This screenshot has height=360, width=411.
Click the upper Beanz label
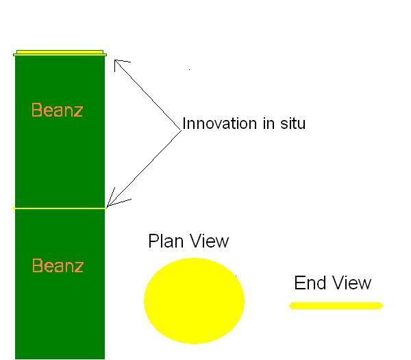tap(58, 110)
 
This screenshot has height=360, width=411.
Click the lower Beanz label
tap(58, 265)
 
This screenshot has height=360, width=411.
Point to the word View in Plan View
tap(208, 241)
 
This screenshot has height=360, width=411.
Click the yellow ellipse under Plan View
tap(194, 300)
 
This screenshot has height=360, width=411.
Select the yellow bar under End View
tap(336, 305)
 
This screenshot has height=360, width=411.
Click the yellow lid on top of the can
tap(60, 52)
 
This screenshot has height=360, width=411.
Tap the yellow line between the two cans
tap(60, 207)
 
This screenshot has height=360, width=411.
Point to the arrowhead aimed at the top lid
tap(118, 63)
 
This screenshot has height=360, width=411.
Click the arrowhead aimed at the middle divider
tap(111, 203)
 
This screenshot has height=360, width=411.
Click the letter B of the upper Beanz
tap(36, 110)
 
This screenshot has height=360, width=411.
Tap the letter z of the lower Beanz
tap(79, 266)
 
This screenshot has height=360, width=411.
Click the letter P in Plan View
tap(153, 241)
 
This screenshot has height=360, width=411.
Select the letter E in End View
tap(299, 283)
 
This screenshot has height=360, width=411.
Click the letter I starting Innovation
tap(184, 124)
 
